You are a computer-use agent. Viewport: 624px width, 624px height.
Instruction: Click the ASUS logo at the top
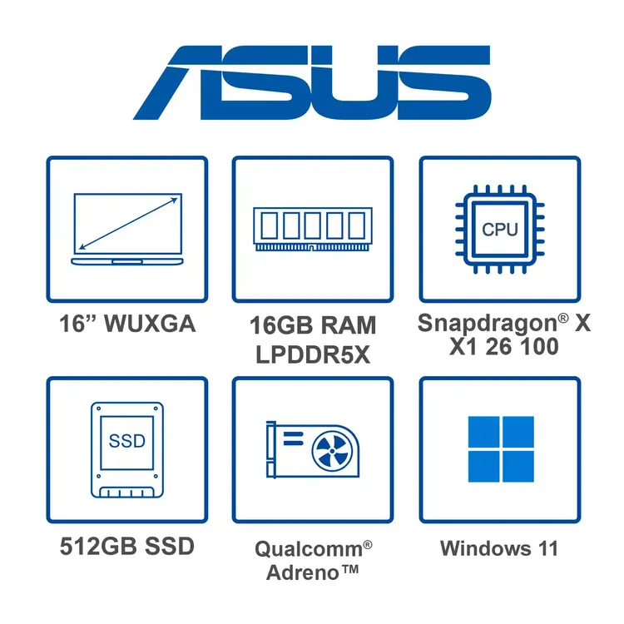[x=312, y=82]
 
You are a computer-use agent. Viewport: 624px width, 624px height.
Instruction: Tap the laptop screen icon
[x=127, y=229]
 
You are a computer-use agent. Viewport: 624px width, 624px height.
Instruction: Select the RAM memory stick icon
[x=313, y=229]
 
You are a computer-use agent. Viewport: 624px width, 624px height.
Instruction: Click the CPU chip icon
[x=500, y=230]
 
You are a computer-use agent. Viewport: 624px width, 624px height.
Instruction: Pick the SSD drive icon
[x=127, y=449]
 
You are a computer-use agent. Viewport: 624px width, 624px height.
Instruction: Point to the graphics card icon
[x=313, y=449]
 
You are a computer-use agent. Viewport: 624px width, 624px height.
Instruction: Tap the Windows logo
[x=501, y=449]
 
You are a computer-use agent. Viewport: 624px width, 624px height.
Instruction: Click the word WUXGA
[x=150, y=323]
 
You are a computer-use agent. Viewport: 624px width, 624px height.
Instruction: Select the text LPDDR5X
[x=313, y=354]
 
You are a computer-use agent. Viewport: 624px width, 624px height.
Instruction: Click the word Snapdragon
[x=488, y=323]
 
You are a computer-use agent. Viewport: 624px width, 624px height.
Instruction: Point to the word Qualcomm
[x=309, y=549]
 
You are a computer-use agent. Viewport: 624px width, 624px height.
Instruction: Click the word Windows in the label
[x=485, y=548]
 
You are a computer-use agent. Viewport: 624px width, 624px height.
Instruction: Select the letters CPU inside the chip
[x=500, y=230]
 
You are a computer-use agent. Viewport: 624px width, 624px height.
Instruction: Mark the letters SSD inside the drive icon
[x=127, y=441]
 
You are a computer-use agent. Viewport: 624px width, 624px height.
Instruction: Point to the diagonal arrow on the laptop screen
[x=128, y=223]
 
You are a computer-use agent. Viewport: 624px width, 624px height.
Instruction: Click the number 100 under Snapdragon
[x=539, y=347]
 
